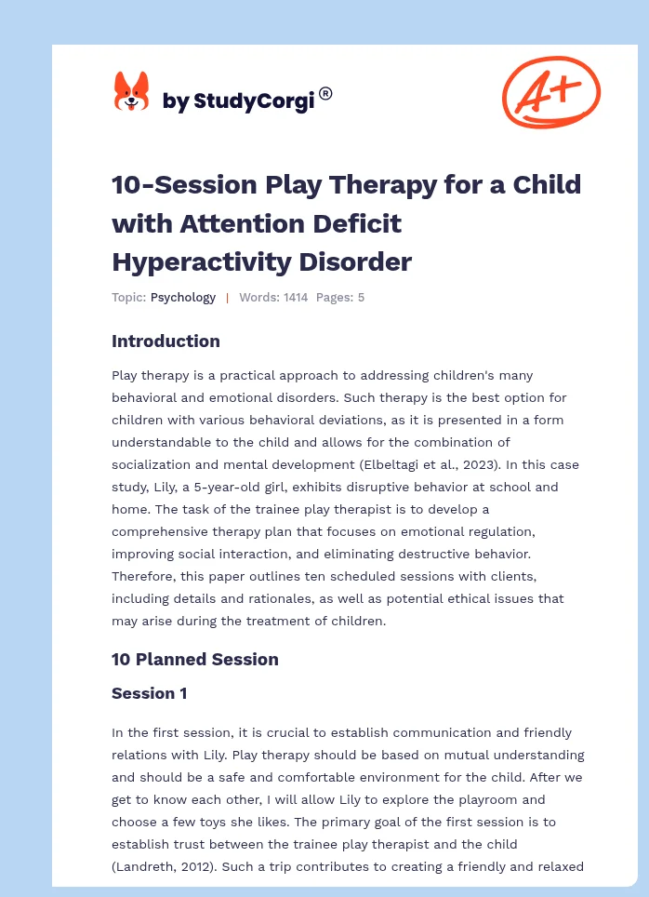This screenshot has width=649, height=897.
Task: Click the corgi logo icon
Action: tap(131, 91)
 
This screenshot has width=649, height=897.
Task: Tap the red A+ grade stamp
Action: tap(551, 90)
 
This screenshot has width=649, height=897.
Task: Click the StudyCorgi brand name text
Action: tap(238, 101)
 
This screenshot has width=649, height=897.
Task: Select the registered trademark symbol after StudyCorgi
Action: tap(325, 93)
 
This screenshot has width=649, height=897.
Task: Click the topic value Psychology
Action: tap(183, 298)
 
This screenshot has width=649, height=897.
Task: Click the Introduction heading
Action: tap(166, 341)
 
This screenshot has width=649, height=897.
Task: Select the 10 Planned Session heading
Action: tap(194, 660)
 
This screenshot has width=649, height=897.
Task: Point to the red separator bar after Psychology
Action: tap(227, 298)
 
